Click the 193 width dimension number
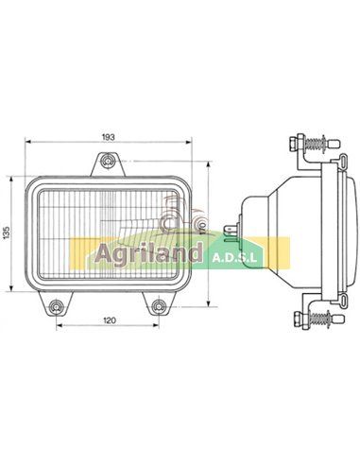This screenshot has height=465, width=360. [x=108, y=137]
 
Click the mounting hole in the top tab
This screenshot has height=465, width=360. [x=109, y=164]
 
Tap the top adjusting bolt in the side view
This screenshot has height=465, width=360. [x=307, y=144]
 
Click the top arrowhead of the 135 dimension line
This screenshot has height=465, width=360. [x=15, y=175]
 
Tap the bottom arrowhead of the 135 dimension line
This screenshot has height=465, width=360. [x=15, y=294]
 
